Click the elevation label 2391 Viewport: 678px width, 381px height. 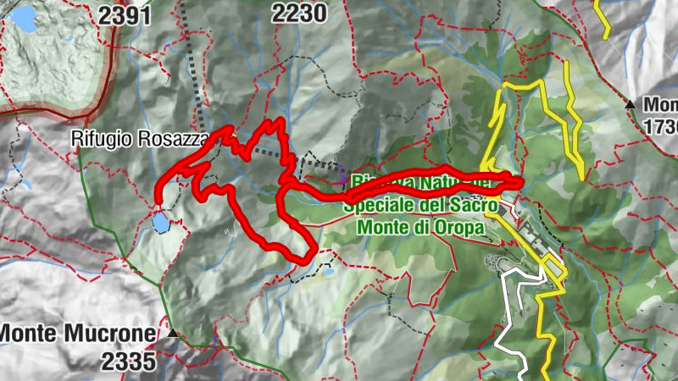[125, 14]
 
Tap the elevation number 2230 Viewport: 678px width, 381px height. [298, 13]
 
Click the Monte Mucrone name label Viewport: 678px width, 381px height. [78, 334]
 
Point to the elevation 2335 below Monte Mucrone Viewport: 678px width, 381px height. [128, 362]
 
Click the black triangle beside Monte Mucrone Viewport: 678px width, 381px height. [174, 334]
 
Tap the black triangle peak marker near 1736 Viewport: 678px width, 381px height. [631, 104]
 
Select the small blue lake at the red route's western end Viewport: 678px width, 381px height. [160, 223]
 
